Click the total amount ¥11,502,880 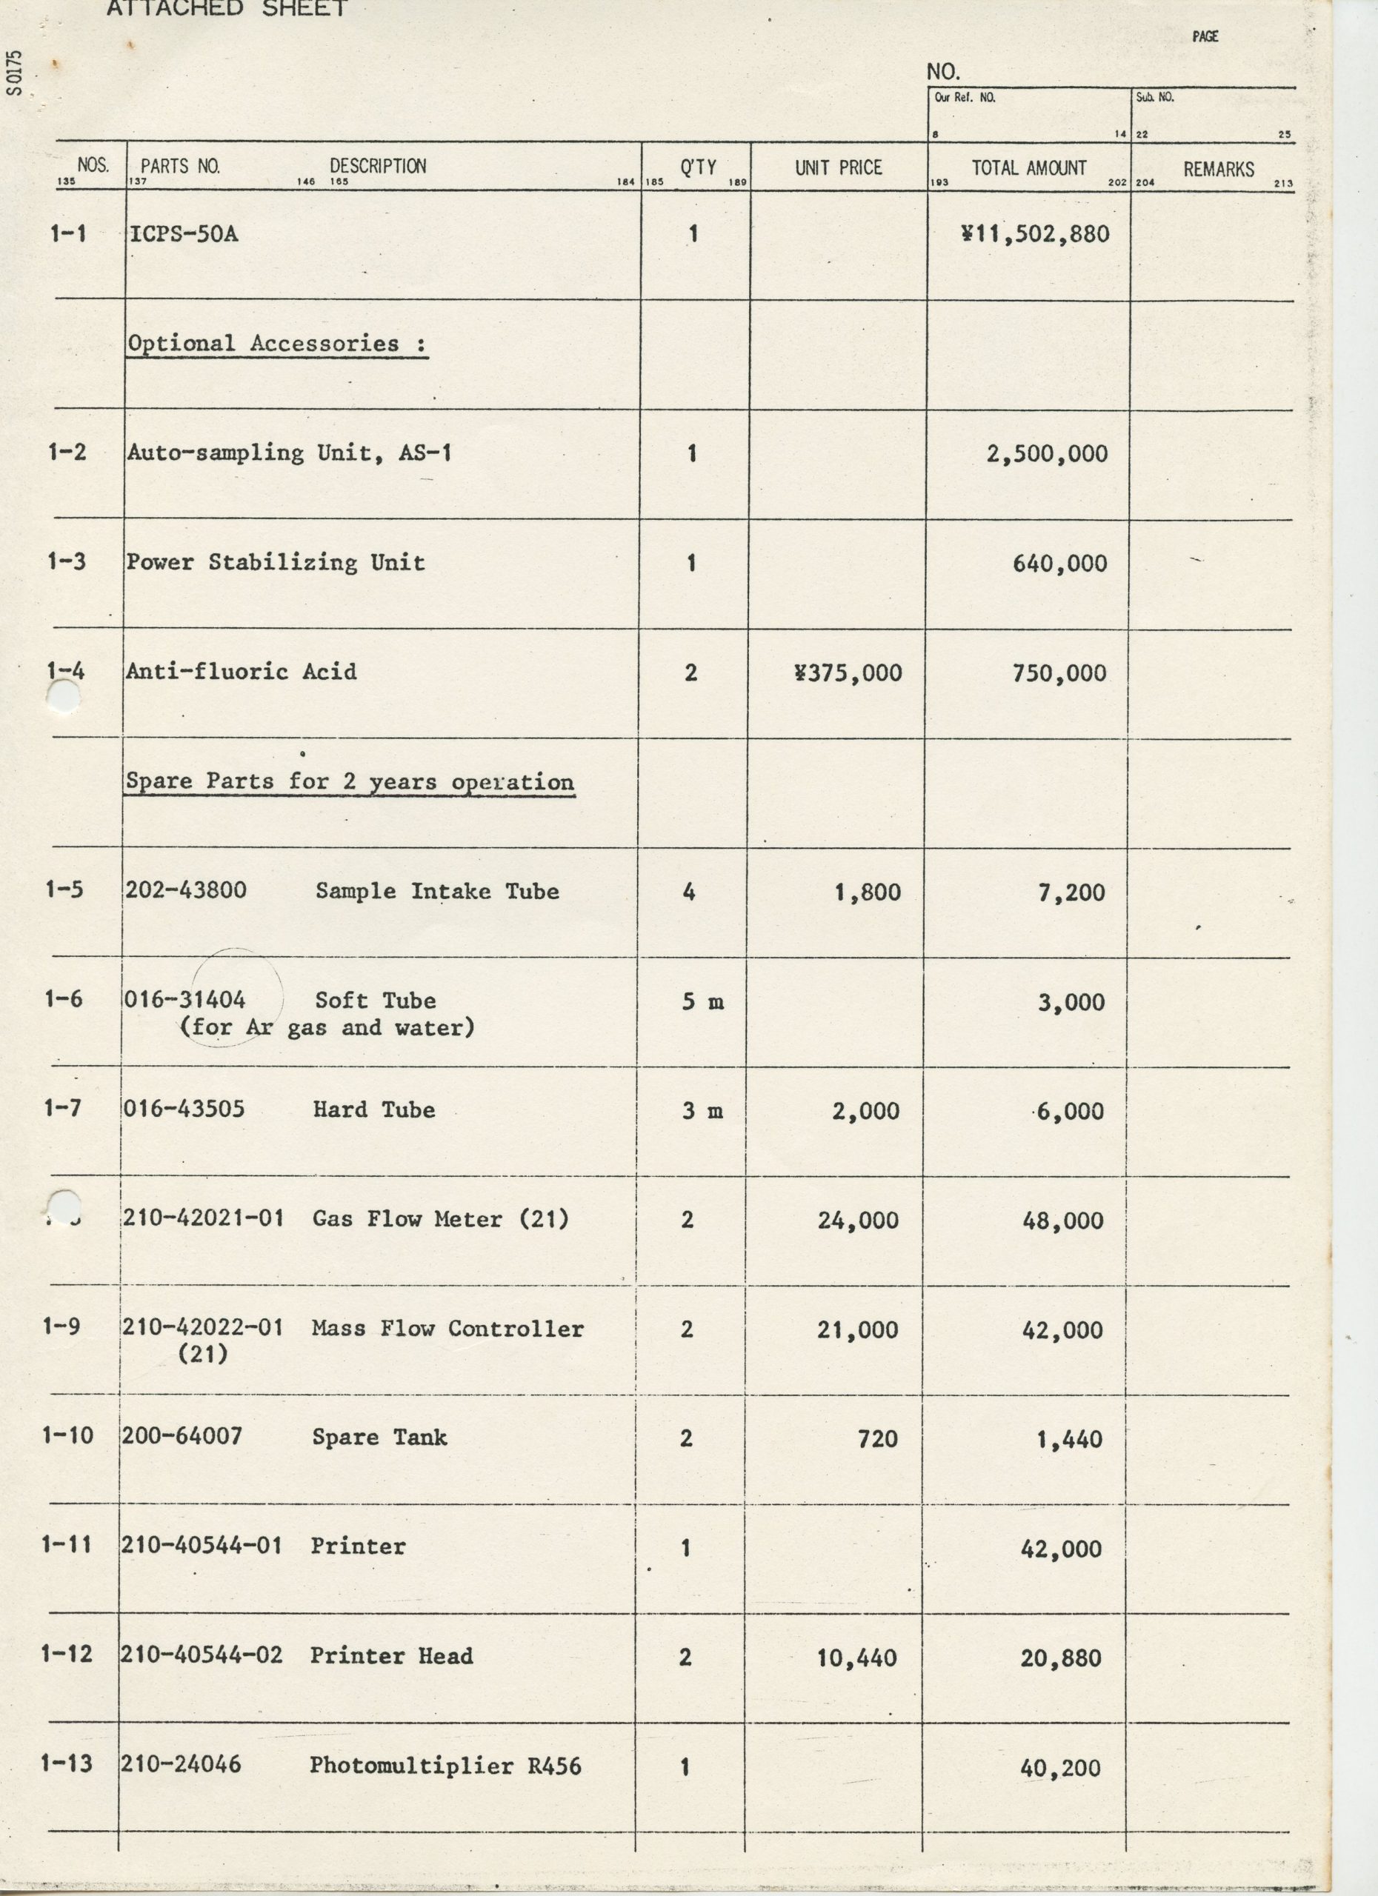click(1035, 233)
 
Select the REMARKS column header click(1217, 169)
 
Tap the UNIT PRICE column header click(838, 167)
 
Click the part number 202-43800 click(186, 889)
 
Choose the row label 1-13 click(66, 1763)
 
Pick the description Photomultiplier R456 click(445, 1765)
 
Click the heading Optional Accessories click(276, 344)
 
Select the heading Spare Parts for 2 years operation click(350, 781)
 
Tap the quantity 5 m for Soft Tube click(702, 1001)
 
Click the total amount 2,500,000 click(1047, 454)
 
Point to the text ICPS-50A click(183, 233)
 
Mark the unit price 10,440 click(856, 1657)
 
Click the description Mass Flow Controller click(447, 1329)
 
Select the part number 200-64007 click(182, 1436)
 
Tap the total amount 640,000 click(1059, 564)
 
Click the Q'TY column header click(697, 167)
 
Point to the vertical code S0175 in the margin click(14, 73)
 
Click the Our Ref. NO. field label click(964, 98)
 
